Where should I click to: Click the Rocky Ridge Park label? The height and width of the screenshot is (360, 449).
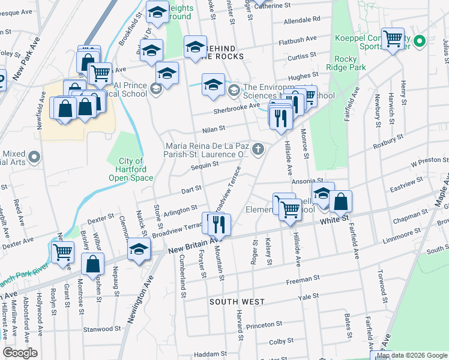pos(349,63)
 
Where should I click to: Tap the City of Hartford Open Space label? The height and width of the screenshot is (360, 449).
pos(131,169)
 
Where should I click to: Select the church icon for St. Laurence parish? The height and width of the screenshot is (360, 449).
pos(258,149)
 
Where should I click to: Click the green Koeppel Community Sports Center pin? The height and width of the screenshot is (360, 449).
pos(420,41)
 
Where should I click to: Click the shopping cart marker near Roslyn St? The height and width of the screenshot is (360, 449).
pos(62,251)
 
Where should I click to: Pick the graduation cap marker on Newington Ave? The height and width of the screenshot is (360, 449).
pos(139,249)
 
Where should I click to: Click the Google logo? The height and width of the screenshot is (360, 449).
pos(20,353)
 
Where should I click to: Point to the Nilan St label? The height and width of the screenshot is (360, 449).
pos(213,128)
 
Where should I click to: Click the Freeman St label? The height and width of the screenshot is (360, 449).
pos(302,280)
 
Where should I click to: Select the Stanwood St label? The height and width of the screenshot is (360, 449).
pos(101,329)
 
